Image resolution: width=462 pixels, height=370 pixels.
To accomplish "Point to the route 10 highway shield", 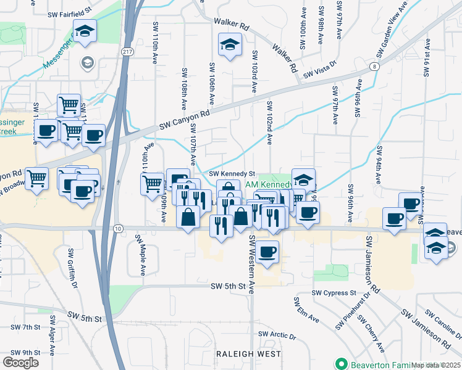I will pyautogui.click(x=119, y=229).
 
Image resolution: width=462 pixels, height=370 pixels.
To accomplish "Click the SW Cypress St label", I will pyautogui.click(x=334, y=293).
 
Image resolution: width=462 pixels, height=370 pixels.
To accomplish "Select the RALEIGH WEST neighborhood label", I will pyautogui.click(x=249, y=354).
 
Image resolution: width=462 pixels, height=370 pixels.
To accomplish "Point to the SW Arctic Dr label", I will pyautogui.click(x=277, y=335).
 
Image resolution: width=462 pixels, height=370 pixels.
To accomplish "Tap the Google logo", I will pyautogui.click(x=20, y=362).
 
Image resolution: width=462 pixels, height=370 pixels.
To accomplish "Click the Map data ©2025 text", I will pyautogui.click(x=435, y=364).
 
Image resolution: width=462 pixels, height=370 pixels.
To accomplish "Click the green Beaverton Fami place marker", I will pyautogui.click(x=339, y=363).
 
